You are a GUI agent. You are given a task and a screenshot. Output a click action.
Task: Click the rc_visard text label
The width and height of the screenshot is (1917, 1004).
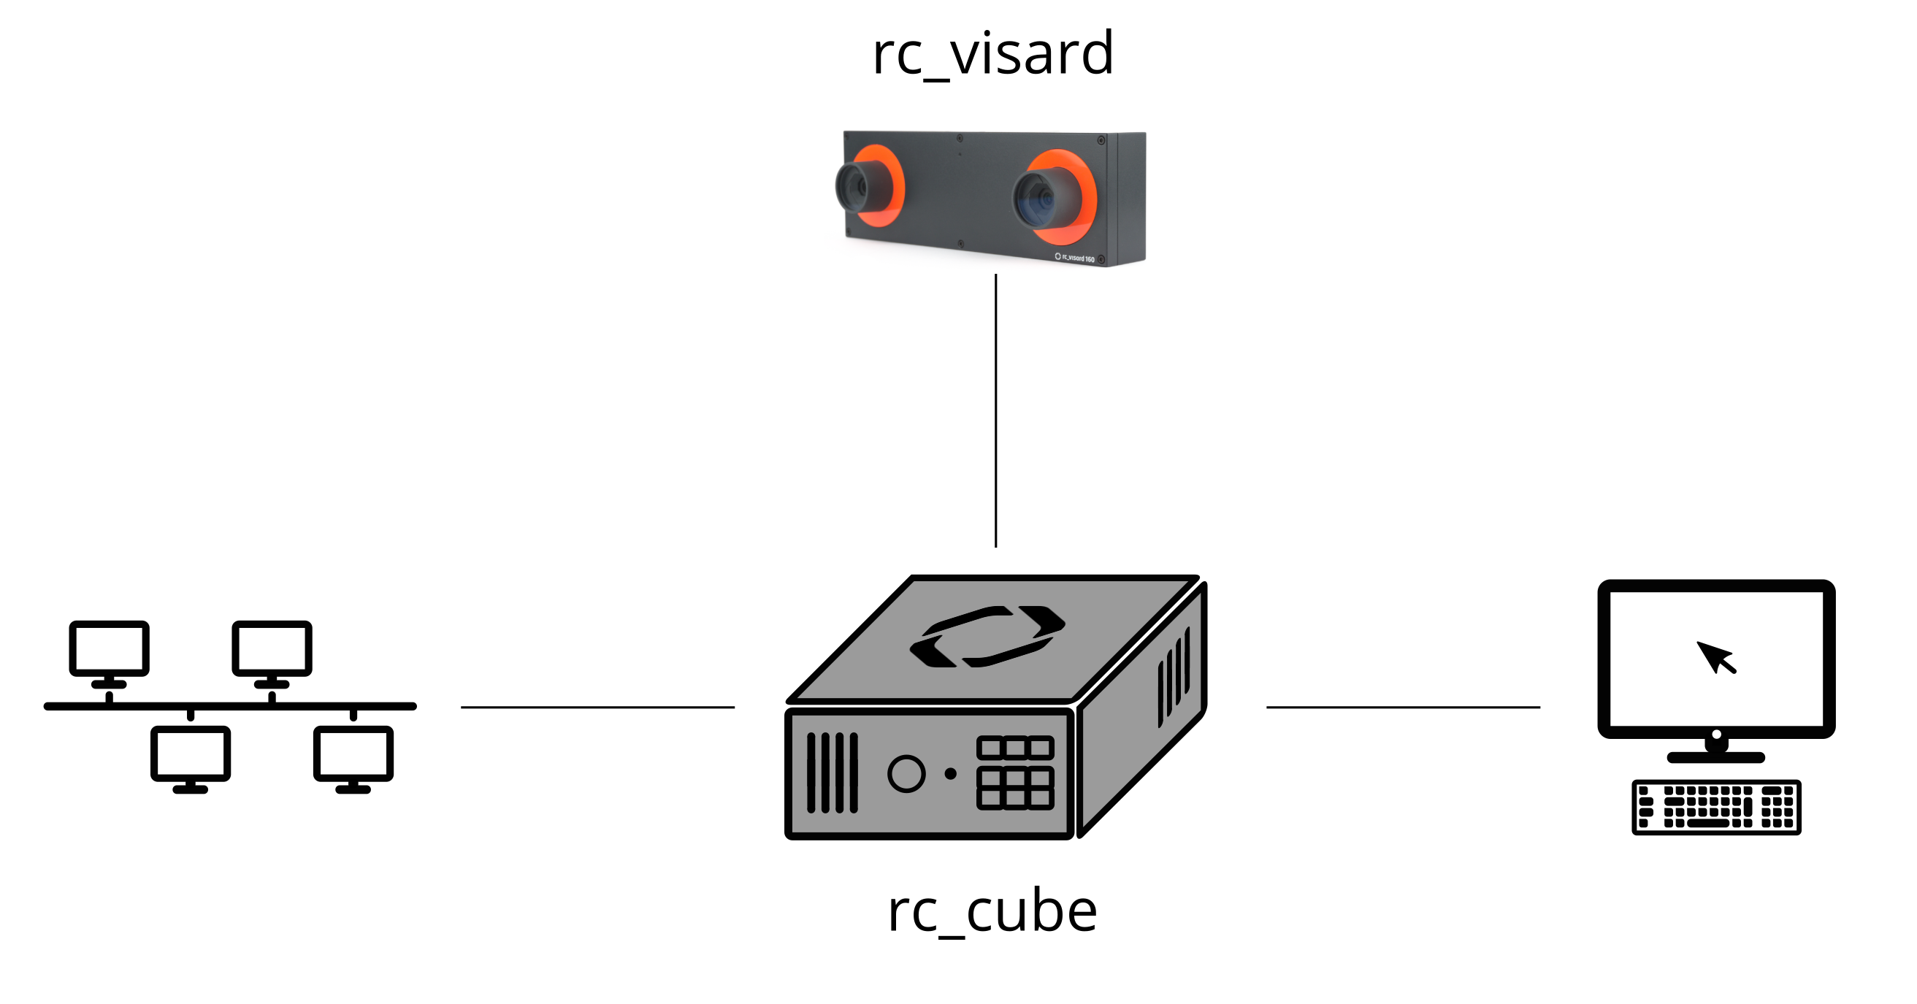(x=992, y=53)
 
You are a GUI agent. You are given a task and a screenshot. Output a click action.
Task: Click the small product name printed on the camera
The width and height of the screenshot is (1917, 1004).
(x=1075, y=258)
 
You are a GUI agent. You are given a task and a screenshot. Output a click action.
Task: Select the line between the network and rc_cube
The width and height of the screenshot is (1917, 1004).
(x=597, y=707)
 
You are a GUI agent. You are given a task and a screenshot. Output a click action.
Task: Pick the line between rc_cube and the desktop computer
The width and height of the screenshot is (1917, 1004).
(x=1403, y=707)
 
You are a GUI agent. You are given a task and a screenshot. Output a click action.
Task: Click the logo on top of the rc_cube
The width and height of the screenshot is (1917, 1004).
(x=987, y=636)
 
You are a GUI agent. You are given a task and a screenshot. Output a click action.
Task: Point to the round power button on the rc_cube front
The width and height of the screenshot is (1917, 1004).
(x=906, y=774)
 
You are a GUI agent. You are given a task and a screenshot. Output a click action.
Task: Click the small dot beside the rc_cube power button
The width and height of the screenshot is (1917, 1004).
(x=950, y=774)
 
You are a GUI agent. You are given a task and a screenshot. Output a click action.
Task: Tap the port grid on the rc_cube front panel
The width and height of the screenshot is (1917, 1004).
(x=1015, y=773)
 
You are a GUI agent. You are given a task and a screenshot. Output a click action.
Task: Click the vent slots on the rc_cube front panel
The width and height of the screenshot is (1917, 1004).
(x=832, y=773)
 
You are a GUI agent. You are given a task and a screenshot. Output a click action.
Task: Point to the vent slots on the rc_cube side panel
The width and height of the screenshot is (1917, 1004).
(x=1174, y=677)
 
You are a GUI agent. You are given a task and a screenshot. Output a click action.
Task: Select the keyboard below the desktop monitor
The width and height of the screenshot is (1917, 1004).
(x=1716, y=808)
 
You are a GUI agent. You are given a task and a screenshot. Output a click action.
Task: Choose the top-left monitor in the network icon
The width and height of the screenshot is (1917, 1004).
(x=110, y=649)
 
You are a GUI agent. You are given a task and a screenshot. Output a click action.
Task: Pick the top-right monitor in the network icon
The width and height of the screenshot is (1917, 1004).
(x=272, y=649)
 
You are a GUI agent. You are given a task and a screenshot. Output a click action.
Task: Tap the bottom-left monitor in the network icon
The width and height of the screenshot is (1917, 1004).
(x=191, y=754)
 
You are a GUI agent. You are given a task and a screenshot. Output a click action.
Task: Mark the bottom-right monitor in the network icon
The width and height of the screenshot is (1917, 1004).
(x=353, y=754)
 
